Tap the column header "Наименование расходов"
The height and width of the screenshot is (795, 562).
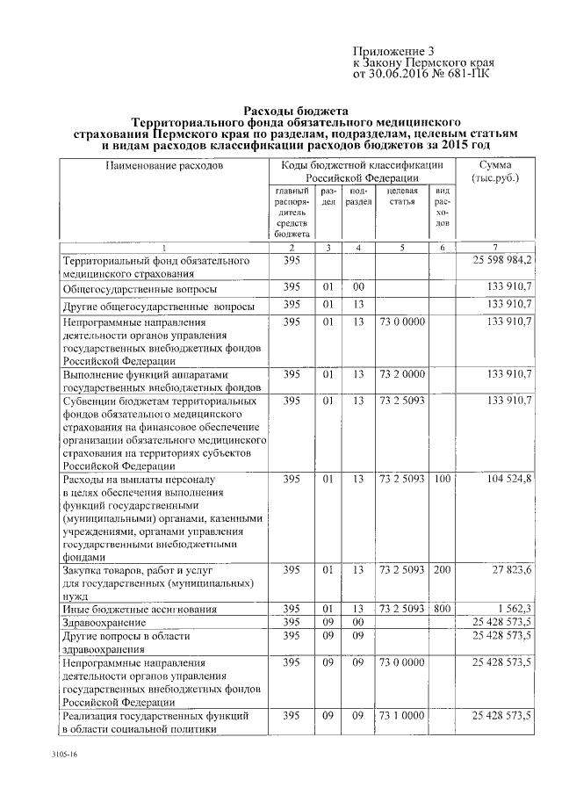point(164,165)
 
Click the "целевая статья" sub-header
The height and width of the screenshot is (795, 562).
point(401,196)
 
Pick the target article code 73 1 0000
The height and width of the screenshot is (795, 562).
point(401,717)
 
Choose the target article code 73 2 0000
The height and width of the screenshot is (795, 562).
point(401,373)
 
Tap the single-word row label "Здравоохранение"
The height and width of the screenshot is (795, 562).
point(104,622)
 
